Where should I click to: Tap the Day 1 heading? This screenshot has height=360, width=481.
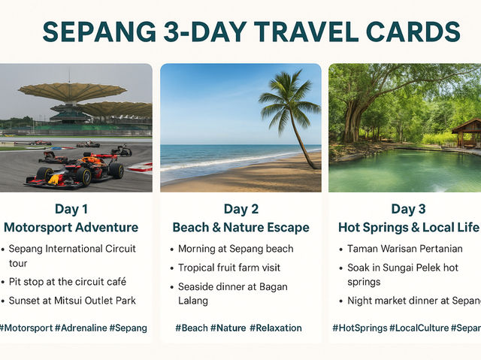[71, 209]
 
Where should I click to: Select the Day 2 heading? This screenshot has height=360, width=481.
[240, 209]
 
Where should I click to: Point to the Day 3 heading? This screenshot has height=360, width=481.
[408, 209]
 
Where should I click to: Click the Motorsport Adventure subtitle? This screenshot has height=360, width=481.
[71, 227]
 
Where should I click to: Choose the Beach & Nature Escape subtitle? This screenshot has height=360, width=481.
[240, 227]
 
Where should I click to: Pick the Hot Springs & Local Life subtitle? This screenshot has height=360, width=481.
[408, 227]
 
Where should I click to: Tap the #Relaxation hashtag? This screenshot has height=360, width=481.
[276, 328]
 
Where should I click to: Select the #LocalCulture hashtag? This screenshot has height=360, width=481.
[418, 328]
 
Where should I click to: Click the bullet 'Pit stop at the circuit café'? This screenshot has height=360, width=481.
[68, 282]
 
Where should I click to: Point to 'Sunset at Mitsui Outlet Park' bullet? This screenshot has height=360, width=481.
[73, 301]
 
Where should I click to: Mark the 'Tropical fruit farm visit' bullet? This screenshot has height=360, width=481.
[228, 268]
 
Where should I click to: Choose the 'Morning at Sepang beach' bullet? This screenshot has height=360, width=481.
[235, 249]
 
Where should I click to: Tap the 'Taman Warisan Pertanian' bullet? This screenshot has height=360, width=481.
[404, 249]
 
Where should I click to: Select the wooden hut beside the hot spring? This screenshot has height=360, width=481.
[467, 132]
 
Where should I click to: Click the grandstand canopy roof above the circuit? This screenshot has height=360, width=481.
[71, 92]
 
